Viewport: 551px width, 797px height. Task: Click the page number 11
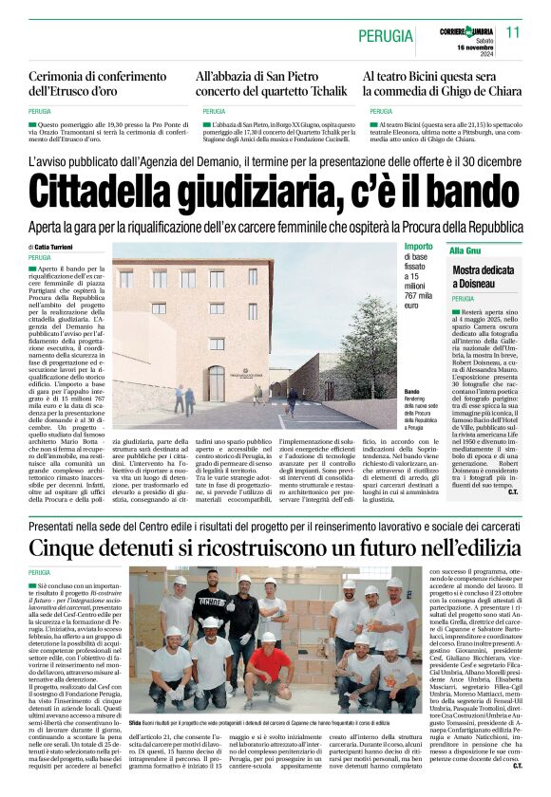(513, 32)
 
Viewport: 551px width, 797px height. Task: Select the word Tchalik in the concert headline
(320, 92)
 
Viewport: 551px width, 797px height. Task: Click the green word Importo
(418, 247)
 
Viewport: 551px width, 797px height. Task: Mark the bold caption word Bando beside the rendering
(411, 391)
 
